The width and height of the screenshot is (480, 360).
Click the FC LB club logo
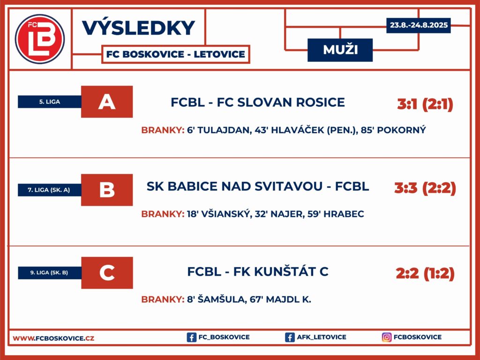pyautogui.click(x=40, y=39)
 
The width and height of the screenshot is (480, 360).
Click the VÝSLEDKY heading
pyautogui.click(x=138, y=28)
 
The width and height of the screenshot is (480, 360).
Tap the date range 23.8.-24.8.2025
pyautogui.click(x=419, y=25)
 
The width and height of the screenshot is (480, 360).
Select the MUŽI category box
pyautogui.click(x=340, y=50)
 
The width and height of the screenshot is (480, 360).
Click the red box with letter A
pyautogui.click(x=107, y=102)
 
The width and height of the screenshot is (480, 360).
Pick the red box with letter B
pyautogui.click(x=107, y=190)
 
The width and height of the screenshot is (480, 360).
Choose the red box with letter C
pyautogui.click(x=107, y=273)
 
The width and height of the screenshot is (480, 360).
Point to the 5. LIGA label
pyautogui.click(x=50, y=102)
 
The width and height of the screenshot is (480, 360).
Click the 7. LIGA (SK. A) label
pyautogui.click(x=49, y=190)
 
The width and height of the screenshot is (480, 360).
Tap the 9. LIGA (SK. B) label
pyautogui.click(x=49, y=272)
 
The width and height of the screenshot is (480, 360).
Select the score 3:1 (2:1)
pyautogui.click(x=425, y=105)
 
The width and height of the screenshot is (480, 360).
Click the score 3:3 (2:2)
pyautogui.click(x=425, y=188)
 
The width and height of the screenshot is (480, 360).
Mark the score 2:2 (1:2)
pyautogui.click(x=425, y=273)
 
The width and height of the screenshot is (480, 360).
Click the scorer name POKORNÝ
pyautogui.click(x=401, y=130)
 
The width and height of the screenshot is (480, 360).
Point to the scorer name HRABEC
pyautogui.click(x=344, y=214)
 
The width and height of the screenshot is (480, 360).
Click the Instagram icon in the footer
pyautogui.click(x=387, y=337)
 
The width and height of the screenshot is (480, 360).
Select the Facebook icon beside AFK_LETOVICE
pyautogui.click(x=290, y=337)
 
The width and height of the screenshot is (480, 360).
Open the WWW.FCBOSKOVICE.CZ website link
pyautogui.click(x=53, y=338)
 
